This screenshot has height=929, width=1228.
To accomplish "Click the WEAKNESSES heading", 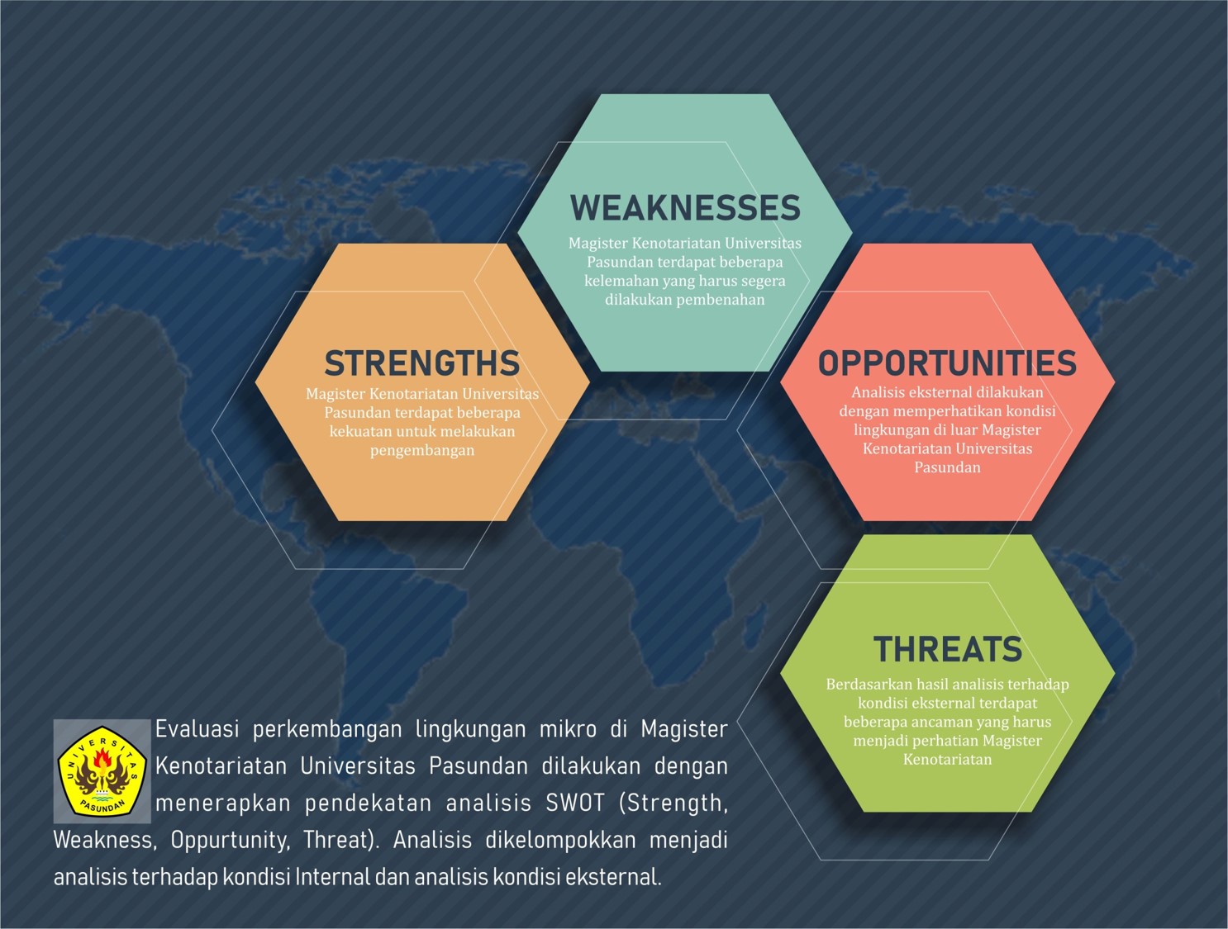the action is (685, 208).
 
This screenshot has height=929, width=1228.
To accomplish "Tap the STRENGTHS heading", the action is (422, 363).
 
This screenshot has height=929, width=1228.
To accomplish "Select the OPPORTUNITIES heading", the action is (947, 363).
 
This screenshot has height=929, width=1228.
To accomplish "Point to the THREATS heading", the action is (948, 649).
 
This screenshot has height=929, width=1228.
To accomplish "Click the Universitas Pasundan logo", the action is (102, 770).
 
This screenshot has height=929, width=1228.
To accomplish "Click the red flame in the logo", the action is (102, 759).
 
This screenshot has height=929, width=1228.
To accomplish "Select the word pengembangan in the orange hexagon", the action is (422, 451).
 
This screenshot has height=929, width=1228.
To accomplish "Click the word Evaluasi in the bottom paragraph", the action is (198, 729).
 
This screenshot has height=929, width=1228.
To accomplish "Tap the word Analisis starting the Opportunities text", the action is (879, 392).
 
